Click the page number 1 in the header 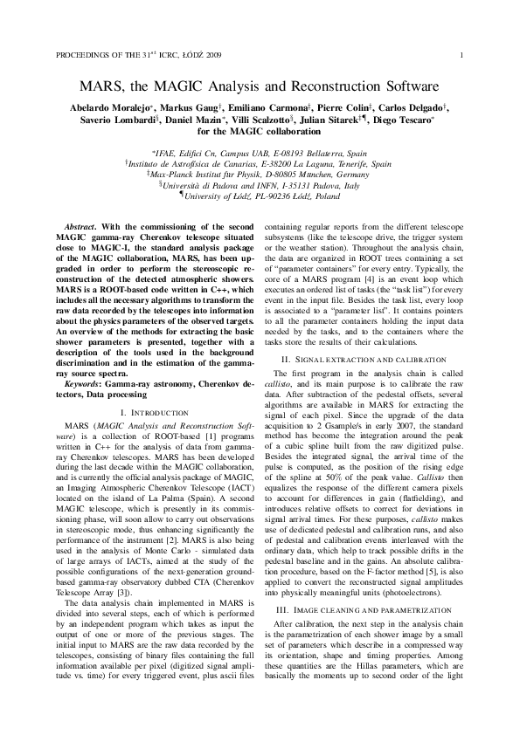tap(472, 54)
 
